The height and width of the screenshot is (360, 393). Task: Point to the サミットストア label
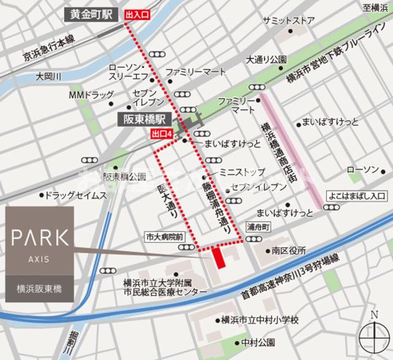point(287,20)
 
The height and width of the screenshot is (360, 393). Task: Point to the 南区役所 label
point(289,251)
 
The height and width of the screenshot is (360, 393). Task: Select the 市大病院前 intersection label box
point(165,236)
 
